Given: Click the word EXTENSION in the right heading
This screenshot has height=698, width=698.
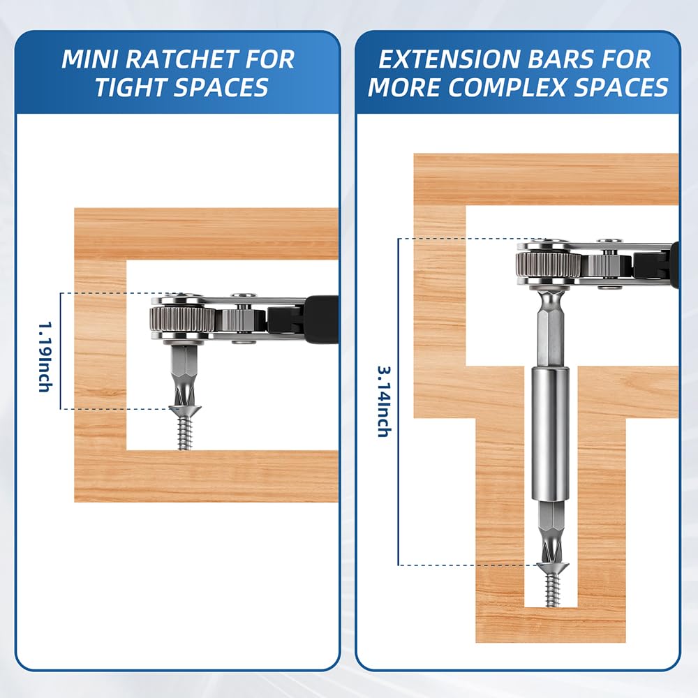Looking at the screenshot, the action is pyautogui.click(x=445, y=59).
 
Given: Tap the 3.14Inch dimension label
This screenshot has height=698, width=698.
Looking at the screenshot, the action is pyautogui.click(x=385, y=401).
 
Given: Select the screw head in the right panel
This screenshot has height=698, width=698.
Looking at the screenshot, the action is pyautogui.click(x=552, y=567).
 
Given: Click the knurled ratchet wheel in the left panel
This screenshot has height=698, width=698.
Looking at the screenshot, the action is pyautogui.click(x=182, y=318).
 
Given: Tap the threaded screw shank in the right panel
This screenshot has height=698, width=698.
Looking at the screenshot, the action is pyautogui.click(x=552, y=590).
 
